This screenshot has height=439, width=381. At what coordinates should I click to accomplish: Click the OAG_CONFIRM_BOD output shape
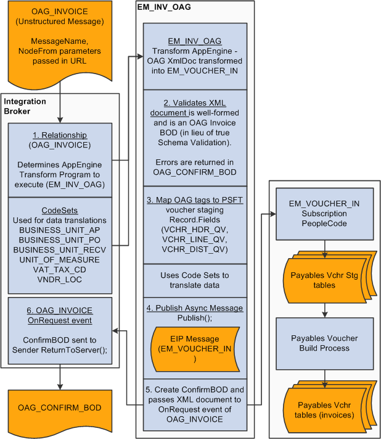click(59, 408)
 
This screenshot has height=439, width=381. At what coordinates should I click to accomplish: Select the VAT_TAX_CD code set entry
click(59, 269)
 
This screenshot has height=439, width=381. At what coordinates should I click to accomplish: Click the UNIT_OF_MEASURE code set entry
click(59, 259)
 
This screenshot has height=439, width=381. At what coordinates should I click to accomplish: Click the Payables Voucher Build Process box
click(324, 343)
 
